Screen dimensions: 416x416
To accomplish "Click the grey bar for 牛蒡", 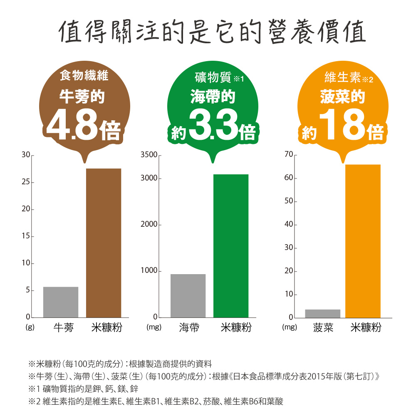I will [61, 302].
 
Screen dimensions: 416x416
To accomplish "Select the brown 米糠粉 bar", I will [104, 243].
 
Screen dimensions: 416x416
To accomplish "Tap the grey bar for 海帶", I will [188, 296].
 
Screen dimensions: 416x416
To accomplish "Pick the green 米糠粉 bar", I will [231, 246].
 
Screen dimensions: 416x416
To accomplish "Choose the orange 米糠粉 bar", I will [363, 241].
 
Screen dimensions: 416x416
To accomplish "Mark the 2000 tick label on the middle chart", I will [149, 225].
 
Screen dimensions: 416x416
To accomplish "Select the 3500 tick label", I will [149, 155].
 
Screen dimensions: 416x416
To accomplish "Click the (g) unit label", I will [30, 328].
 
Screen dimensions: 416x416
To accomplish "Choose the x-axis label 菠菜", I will [323, 328].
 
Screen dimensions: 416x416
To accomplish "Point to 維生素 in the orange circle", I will [342, 77].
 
